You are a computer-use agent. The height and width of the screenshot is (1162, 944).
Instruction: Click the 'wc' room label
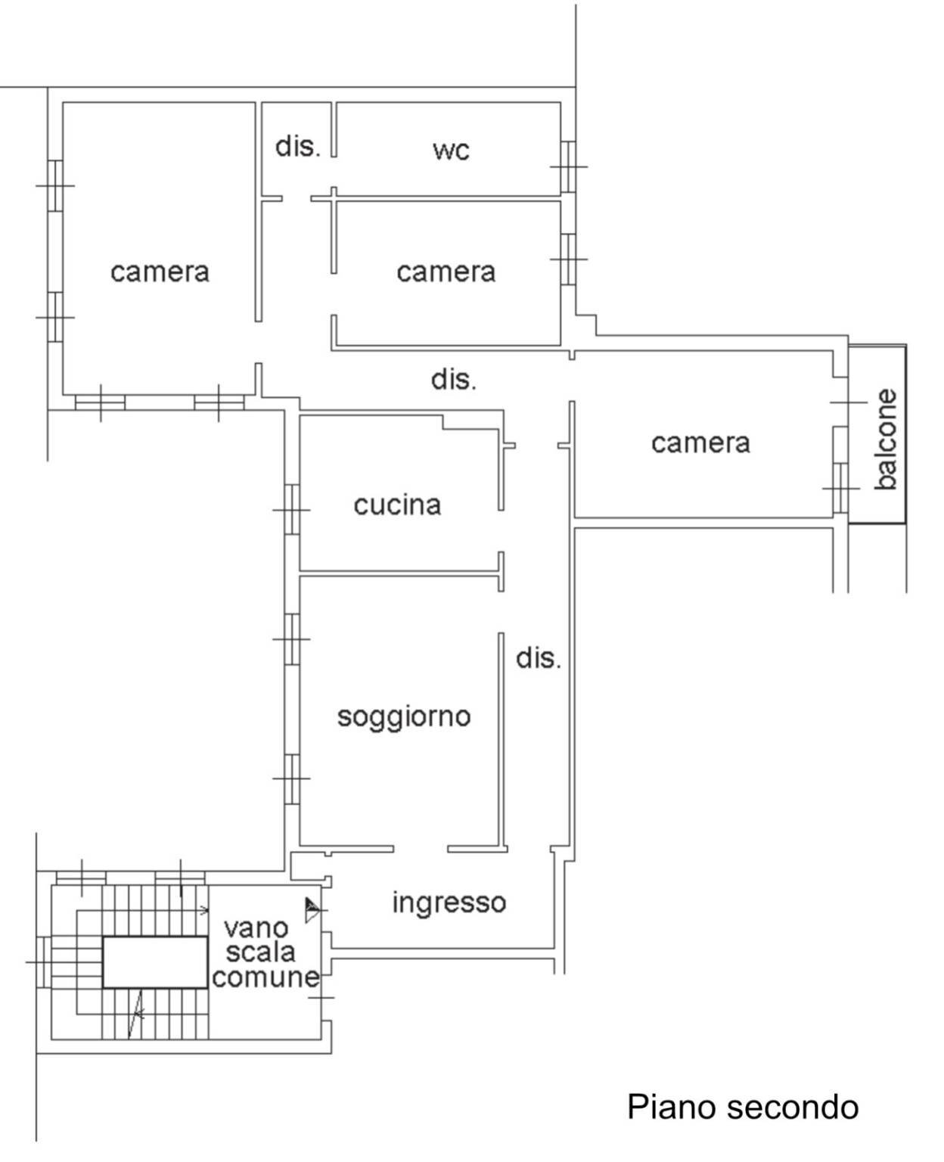coord(451,150)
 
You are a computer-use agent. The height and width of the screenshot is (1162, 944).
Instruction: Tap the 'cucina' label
coord(397,505)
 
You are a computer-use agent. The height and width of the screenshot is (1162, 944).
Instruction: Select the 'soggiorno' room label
coord(404,716)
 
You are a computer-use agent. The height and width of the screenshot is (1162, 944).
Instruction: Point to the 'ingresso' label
coord(449,902)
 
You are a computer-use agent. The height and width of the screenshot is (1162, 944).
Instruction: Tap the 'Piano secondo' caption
coord(743,1107)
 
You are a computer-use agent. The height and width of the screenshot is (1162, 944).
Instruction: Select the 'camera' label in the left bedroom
coord(160,272)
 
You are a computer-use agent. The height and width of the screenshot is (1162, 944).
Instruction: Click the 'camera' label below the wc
coord(446,272)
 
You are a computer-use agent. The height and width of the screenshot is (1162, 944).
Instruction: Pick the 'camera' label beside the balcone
coord(700,443)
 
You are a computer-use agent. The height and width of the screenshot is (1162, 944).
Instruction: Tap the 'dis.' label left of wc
coord(297,146)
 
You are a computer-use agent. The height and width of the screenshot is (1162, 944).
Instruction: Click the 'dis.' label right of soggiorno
coord(539,658)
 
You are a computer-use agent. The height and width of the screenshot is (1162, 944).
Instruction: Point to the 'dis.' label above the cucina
coord(454,379)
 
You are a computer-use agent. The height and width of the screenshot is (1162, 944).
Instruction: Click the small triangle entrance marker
coord(311,909)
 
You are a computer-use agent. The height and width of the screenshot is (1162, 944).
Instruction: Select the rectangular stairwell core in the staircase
coord(155,962)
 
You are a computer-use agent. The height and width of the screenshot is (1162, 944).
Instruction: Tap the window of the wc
coord(568,166)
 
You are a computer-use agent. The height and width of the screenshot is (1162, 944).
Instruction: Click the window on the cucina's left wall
coord(292,510)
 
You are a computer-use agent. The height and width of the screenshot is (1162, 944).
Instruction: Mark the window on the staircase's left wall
coord(44,962)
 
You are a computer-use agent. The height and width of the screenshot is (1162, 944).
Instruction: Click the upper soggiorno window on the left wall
coord(292,639)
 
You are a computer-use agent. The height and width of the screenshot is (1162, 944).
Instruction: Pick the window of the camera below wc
coord(568,259)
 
